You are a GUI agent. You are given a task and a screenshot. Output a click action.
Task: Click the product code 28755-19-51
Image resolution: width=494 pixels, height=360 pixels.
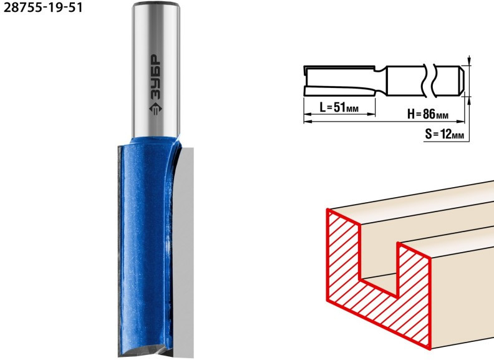pyautogui.click(x=43, y=7)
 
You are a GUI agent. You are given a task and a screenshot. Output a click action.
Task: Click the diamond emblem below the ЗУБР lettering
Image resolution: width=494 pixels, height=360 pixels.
pyautogui.click(x=155, y=109)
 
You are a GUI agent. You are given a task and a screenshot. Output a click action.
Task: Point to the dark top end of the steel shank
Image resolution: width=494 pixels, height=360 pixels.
pyautogui.click(x=156, y=4)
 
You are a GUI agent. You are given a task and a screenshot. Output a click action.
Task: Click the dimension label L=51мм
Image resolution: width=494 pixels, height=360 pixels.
pyautogui.click(x=339, y=107)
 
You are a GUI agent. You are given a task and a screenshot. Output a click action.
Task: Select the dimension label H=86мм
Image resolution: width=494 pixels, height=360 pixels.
pyautogui.click(x=428, y=114)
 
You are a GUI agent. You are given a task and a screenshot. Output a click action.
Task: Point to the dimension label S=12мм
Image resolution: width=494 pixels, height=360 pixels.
pyautogui.click(x=444, y=134)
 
